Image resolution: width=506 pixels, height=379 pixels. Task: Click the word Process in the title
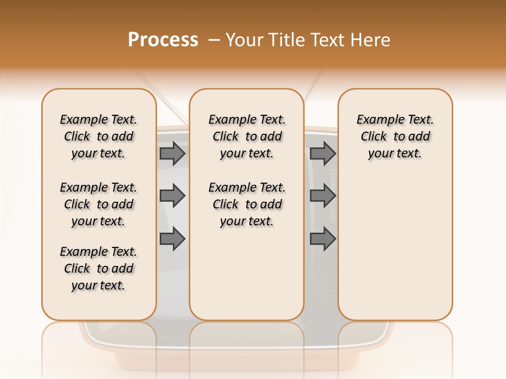(x=163, y=40)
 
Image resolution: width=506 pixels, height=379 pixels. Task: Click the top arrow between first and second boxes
(x=172, y=153)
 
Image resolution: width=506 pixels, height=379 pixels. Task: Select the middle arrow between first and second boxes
(x=172, y=196)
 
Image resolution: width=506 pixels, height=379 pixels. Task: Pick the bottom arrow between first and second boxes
(x=172, y=239)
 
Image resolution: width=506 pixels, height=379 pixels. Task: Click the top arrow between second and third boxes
(x=323, y=153)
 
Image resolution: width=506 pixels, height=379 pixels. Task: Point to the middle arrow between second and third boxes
(x=323, y=196)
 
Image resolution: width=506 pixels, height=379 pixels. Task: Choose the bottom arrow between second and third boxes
(x=323, y=239)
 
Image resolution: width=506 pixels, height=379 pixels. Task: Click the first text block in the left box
(x=99, y=136)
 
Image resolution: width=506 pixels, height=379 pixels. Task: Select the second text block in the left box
(x=99, y=204)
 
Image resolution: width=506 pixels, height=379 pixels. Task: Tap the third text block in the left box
(x=99, y=268)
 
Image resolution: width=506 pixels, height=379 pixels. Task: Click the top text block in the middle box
(x=247, y=136)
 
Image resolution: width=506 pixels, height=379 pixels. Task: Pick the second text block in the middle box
(x=247, y=204)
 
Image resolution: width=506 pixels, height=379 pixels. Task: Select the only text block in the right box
(x=395, y=136)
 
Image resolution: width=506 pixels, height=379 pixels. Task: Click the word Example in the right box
(x=376, y=119)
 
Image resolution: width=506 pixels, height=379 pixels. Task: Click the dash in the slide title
(x=214, y=40)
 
